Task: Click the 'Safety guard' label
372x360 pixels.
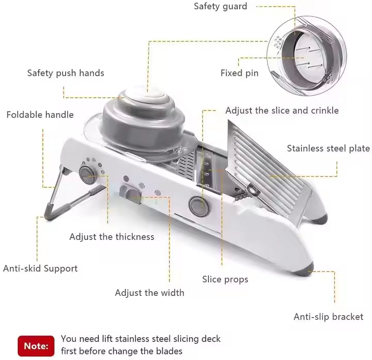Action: point(220,7)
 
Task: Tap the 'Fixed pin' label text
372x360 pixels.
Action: point(239,73)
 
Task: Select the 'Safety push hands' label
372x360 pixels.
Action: point(66,73)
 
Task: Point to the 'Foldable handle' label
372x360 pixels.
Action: point(40,115)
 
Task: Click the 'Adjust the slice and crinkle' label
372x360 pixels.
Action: point(282,110)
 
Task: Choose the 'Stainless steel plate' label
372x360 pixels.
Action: point(328,148)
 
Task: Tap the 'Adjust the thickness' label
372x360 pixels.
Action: point(112,237)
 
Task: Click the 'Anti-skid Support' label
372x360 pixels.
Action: point(40,268)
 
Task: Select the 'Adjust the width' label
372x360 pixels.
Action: point(149,293)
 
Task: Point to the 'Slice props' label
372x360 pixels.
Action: point(225,279)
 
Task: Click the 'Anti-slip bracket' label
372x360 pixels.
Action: point(328,317)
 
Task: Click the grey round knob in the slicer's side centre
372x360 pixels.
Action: point(197,204)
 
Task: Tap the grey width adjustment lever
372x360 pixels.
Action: point(129,192)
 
